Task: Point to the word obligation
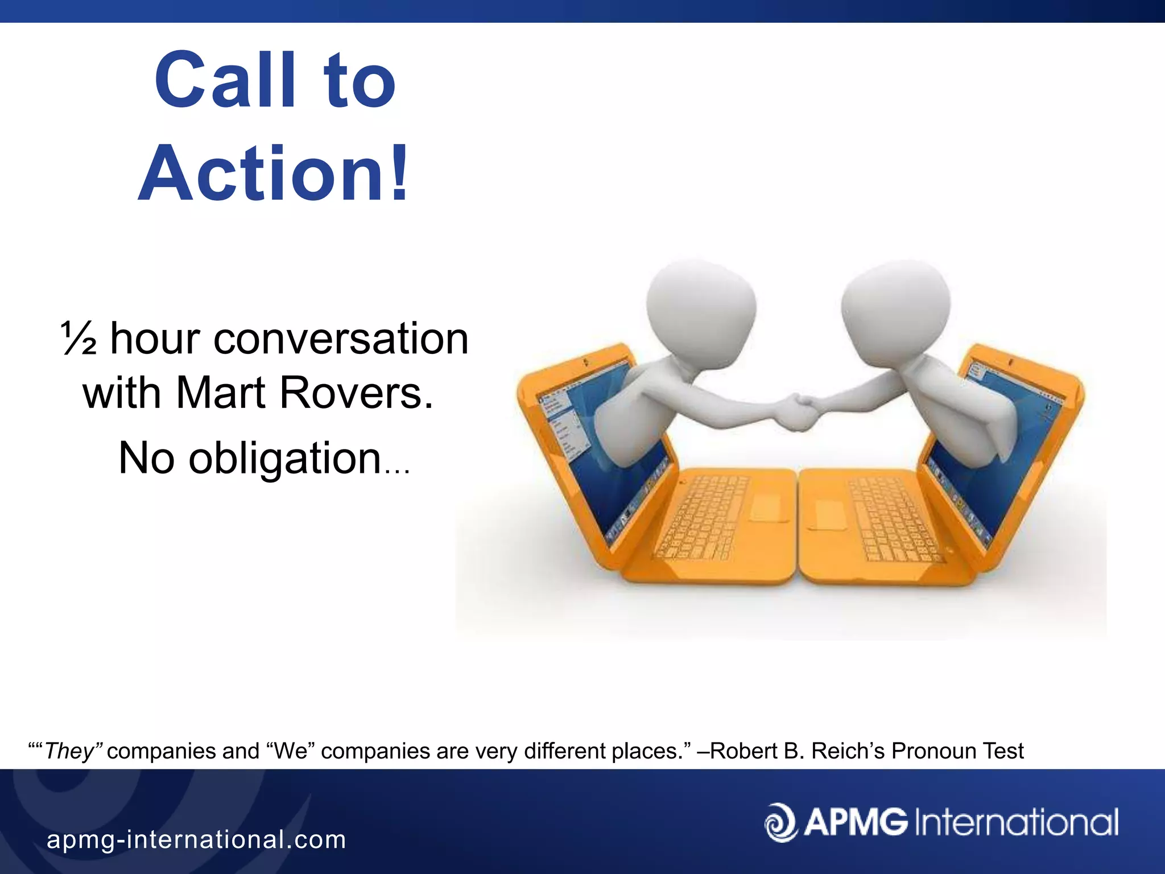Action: [284, 458]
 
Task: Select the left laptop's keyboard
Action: [703, 518]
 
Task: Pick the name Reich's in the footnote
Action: [848, 751]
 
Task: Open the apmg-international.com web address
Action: [196, 840]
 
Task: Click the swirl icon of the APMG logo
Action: [782, 822]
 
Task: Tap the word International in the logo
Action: [1016, 822]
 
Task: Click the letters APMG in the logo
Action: [856, 822]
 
